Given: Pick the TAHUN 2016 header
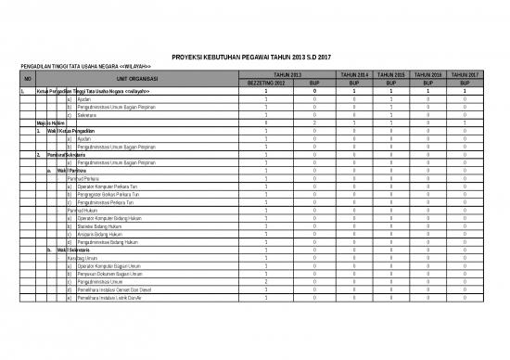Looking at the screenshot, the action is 428,73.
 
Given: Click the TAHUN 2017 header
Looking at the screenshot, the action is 465,73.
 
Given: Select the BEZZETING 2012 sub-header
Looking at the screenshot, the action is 266,83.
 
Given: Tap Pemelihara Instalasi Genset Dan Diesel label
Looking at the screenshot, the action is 121,290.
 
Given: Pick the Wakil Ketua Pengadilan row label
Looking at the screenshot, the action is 70,131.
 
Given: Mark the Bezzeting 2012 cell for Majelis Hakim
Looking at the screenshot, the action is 266,122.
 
